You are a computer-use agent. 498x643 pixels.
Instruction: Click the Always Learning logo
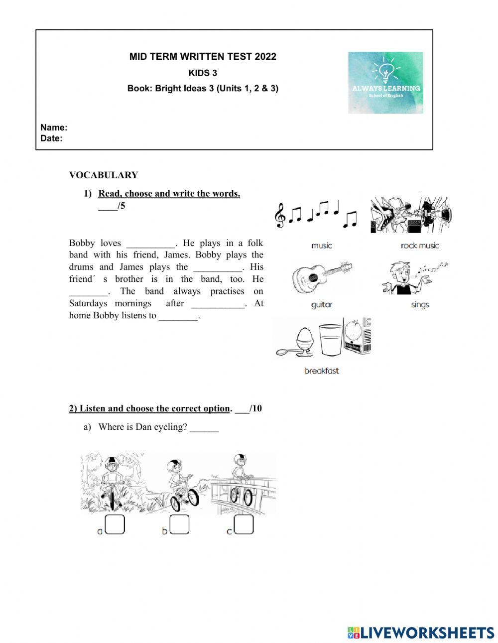coord(385,82)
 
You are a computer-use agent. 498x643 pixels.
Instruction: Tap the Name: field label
coord(54,128)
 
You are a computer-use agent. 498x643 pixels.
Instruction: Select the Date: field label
coord(51,138)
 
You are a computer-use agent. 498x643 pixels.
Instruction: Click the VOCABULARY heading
coord(104,175)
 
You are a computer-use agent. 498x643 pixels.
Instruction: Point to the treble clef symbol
coord(280,215)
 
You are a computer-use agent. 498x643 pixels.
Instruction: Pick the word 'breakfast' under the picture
coord(322,371)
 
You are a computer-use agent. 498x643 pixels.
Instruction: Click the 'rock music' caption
coord(420,246)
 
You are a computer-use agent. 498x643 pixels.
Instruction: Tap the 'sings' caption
coord(420,305)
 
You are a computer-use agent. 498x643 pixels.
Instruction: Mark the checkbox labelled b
coord(179,524)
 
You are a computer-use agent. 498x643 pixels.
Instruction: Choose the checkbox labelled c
coord(244,524)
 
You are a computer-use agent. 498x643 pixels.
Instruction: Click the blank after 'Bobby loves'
coord(150,244)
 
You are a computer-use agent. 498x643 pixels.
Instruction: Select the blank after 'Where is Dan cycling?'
coord(204,428)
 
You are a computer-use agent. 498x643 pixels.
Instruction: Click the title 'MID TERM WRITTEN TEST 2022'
coord(203,57)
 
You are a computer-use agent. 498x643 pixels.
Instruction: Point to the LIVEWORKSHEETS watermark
coord(421,633)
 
